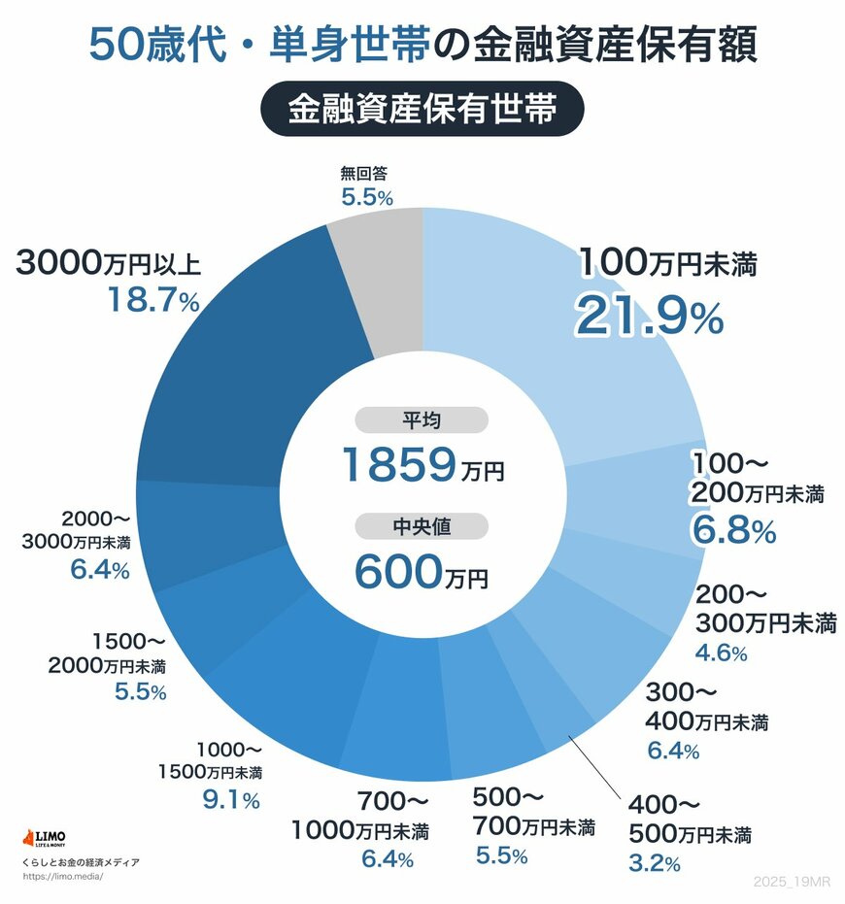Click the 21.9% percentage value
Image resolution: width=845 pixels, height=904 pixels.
tap(649, 315)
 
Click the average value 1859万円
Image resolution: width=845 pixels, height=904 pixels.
tap(422, 465)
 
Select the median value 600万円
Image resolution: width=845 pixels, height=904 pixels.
tap(422, 572)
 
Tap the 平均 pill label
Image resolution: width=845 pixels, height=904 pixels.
tap(422, 420)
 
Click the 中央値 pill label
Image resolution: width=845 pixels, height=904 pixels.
tap(422, 526)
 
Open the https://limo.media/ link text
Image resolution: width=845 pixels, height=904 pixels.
tap(61, 876)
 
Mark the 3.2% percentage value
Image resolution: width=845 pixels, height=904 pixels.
tap(654, 861)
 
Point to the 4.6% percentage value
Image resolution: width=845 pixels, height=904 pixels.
tap(720, 653)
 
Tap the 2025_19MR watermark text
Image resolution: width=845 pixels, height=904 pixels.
tap(792, 880)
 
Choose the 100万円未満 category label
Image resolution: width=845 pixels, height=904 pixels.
tap(667, 262)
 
